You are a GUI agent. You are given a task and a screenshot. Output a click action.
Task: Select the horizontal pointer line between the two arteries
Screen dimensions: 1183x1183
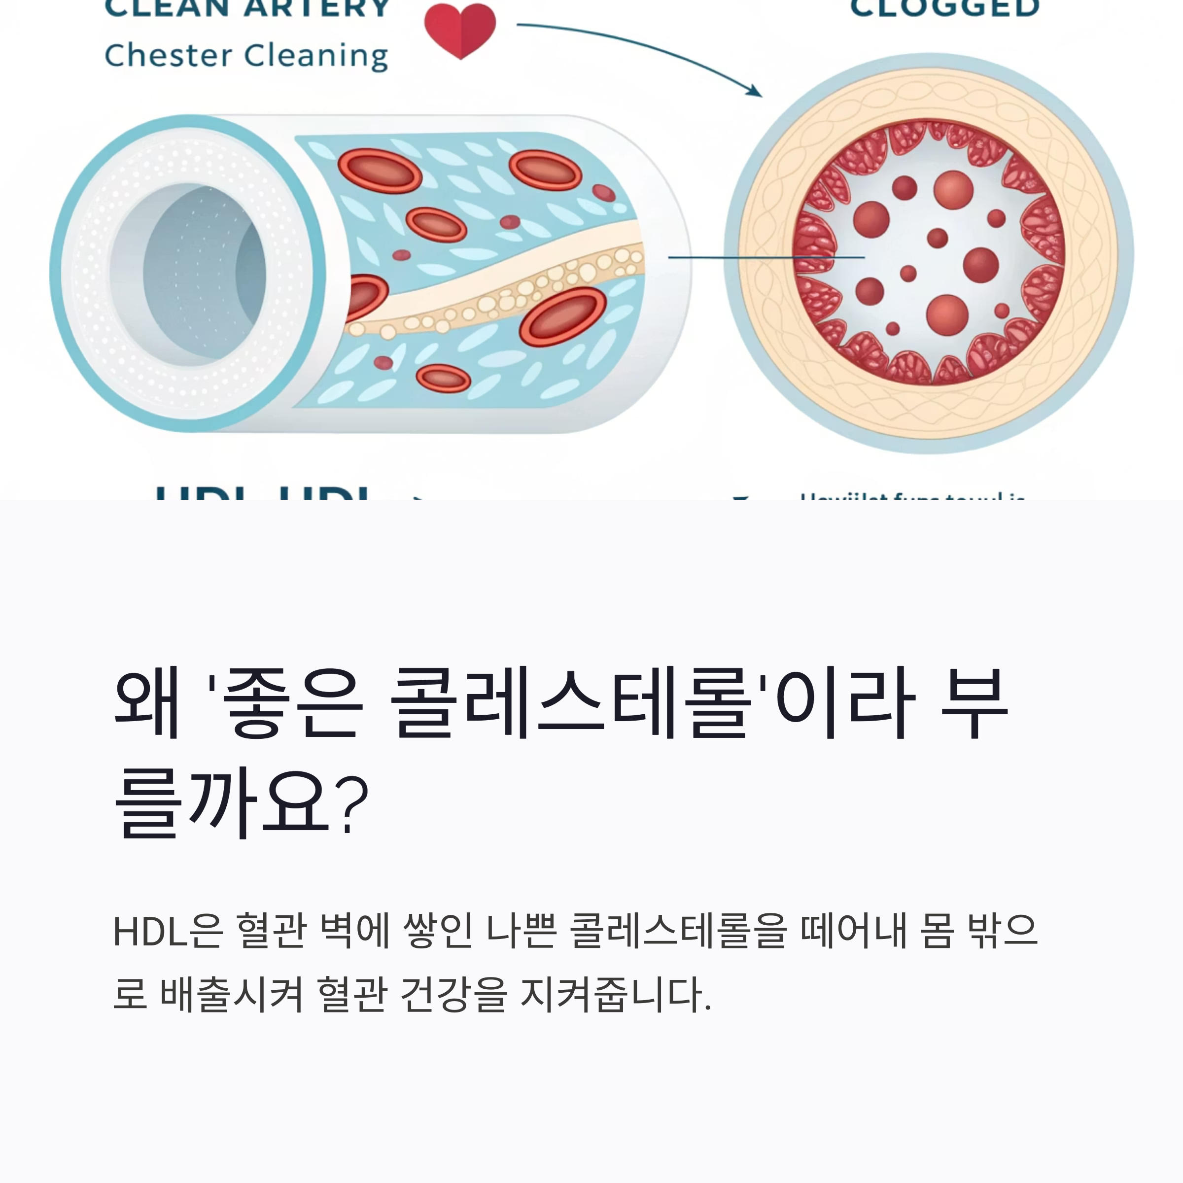765,258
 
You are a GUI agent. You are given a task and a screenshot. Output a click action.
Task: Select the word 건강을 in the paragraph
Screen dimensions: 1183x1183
453,994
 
